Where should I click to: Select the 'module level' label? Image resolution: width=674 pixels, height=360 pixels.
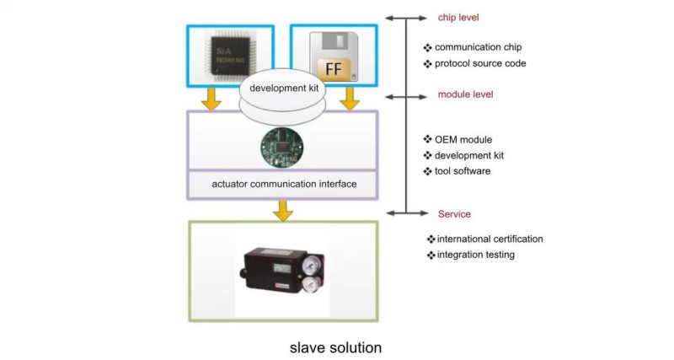coord(465,94)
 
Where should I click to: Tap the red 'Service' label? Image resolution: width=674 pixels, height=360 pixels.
coord(455,214)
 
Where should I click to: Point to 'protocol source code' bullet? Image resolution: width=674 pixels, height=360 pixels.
coord(480,63)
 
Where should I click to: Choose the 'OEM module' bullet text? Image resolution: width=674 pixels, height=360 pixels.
coord(463,140)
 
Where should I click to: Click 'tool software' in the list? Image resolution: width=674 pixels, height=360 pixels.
coord(463,171)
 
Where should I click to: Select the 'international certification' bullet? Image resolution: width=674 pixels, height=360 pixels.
coord(489,239)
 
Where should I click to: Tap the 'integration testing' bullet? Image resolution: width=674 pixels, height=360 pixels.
coord(474,255)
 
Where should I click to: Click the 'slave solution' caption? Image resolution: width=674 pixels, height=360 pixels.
coord(335,347)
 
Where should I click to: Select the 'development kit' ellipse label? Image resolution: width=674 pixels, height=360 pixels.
coord(282,88)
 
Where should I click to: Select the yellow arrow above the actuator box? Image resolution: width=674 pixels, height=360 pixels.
coord(283,211)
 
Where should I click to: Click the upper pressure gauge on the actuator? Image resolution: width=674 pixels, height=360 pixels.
coord(313,259)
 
